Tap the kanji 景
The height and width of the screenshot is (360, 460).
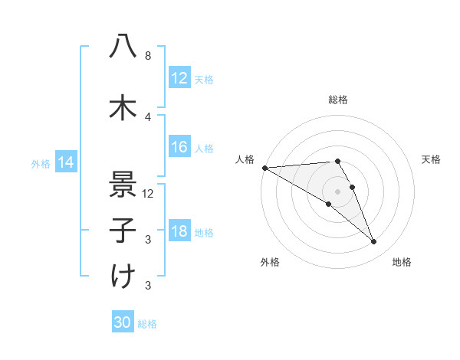123,184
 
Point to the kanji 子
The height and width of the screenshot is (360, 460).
123,230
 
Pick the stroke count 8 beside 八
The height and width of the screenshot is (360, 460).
147,56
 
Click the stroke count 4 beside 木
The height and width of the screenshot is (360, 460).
147,117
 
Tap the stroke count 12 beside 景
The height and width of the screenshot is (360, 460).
149,194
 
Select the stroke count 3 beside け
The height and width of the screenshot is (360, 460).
147,286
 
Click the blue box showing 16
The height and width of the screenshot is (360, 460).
179,148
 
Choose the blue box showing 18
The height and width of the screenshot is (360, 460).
179,232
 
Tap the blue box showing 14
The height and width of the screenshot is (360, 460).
65,162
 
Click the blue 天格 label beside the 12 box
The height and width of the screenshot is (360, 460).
204,80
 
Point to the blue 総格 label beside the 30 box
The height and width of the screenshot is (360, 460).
147,324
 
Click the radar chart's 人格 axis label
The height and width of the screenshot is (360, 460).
245,159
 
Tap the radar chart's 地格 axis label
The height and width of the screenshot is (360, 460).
402,262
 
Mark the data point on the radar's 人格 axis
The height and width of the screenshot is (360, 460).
264,168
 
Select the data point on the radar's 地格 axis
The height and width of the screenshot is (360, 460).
374,242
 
